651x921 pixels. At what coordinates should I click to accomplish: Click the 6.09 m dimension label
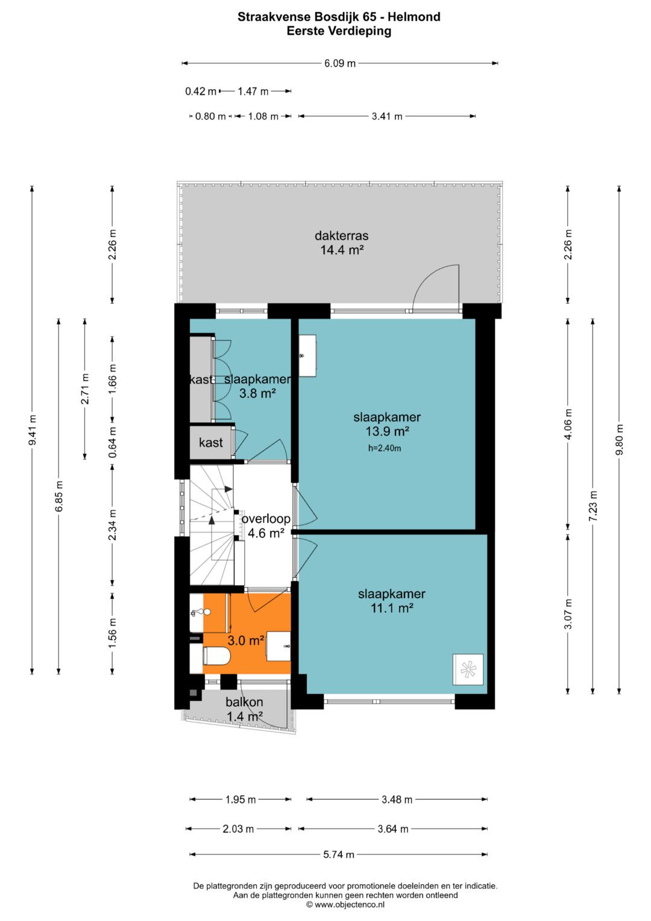340,63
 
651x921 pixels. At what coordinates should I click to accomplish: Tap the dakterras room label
342,236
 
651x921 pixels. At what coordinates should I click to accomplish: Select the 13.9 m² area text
387,431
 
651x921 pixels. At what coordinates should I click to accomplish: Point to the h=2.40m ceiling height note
385,448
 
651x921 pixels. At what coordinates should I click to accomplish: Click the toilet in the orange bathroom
215,656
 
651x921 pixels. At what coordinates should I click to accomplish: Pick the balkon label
244,702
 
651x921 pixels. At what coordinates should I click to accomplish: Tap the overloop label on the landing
266,519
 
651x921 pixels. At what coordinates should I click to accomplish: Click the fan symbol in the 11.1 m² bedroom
468,669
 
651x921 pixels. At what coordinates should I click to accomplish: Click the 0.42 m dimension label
201,91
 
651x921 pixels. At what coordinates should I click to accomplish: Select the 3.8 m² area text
257,393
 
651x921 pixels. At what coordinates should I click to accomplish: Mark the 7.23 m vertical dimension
593,506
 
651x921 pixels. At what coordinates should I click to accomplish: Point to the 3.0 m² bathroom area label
246,640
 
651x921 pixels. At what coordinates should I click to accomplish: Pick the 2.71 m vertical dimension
85,388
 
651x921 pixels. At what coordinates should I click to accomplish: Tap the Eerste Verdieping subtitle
339,31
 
